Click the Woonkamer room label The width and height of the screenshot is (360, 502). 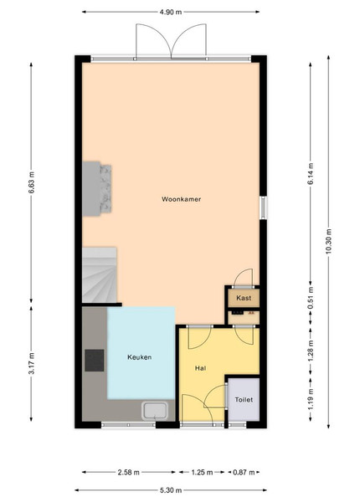pyautogui.click(x=181, y=199)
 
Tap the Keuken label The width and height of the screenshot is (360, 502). pyautogui.click(x=139, y=357)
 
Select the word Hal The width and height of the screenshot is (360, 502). pyautogui.click(x=200, y=368)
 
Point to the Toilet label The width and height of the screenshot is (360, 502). pyautogui.click(x=244, y=400)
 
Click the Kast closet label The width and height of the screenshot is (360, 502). pyautogui.click(x=244, y=298)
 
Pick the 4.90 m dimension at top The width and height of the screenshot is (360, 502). pyautogui.click(x=171, y=13)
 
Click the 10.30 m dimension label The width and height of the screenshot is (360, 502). pyautogui.click(x=329, y=242)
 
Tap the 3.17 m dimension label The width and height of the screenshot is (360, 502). pyautogui.click(x=31, y=363)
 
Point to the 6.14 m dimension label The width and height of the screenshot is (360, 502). pyautogui.click(x=310, y=174)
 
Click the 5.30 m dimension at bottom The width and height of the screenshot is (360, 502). pyautogui.click(x=171, y=490)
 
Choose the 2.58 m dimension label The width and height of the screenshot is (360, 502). pyautogui.click(x=128, y=472)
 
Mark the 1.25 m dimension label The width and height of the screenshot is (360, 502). pyautogui.click(x=202, y=472)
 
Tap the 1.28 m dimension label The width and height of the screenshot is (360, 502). pyautogui.click(x=310, y=351)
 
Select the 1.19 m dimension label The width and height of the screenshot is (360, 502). pyautogui.click(x=310, y=399)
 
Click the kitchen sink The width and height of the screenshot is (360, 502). pyautogui.click(x=155, y=411)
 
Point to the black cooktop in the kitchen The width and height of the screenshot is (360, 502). pyautogui.click(x=94, y=361)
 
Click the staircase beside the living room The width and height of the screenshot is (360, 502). pyautogui.click(x=100, y=274)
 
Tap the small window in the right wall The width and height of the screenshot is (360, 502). pyautogui.click(x=263, y=207)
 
